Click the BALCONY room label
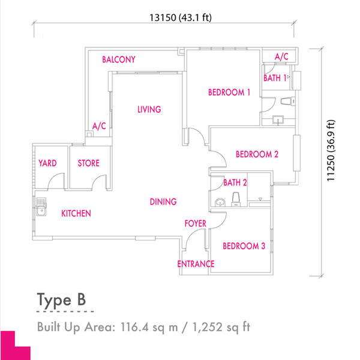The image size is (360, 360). pyautogui.click(x=119, y=59)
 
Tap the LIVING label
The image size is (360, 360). pyautogui.click(x=149, y=109)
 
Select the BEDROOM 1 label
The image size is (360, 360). pyautogui.click(x=229, y=92)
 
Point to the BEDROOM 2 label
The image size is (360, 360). pyautogui.click(x=257, y=154)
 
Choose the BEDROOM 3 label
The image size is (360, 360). pyautogui.click(x=244, y=246)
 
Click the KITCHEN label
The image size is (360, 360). pyautogui.click(x=76, y=214)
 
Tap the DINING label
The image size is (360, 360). pyautogui.click(x=163, y=202)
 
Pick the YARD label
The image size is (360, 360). pyautogui.click(x=47, y=163)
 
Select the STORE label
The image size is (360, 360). pyautogui.click(x=89, y=163)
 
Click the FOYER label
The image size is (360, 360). pyautogui.click(x=196, y=223)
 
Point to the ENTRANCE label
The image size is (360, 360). pyautogui.click(x=196, y=264)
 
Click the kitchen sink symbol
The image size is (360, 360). pyautogui.click(x=41, y=206)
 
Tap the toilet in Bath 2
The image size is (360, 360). pyautogui.click(x=236, y=199)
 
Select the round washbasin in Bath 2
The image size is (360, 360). pyautogui.click(x=220, y=203)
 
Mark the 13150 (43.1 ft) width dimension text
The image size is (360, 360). pyautogui.click(x=181, y=17)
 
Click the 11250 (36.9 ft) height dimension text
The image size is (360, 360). pyautogui.click(x=331, y=151)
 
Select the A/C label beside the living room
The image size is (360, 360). pyautogui.click(x=99, y=126)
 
